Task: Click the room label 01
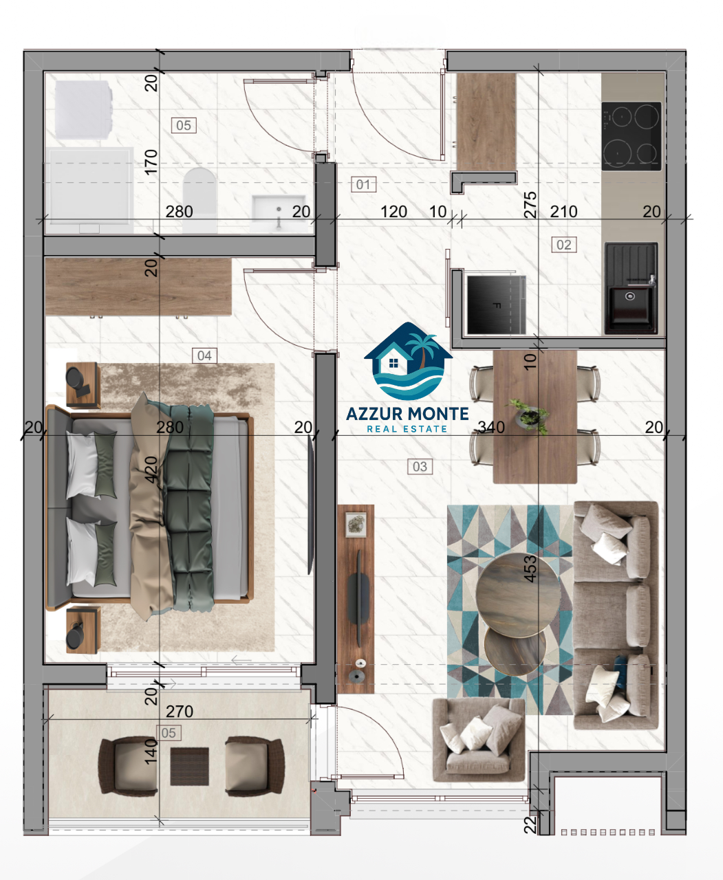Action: pos(364,184)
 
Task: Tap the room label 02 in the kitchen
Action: pos(564,245)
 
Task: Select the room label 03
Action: pos(420,467)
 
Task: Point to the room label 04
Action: pos(204,356)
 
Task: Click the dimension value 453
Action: pos(530,569)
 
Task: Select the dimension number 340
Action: pos(491,427)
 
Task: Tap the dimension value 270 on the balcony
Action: pos(180,712)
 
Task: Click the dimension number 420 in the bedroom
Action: pos(151,470)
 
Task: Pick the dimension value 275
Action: pos(530,205)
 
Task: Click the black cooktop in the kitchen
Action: pos(632,136)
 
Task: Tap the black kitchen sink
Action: pos(632,288)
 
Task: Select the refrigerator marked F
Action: pos(496,304)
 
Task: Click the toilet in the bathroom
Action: pos(200,200)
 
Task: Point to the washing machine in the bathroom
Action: pos(83,109)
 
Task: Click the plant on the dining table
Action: pos(528,415)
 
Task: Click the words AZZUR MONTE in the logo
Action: pos(407,414)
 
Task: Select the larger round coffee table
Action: pos(519,595)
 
